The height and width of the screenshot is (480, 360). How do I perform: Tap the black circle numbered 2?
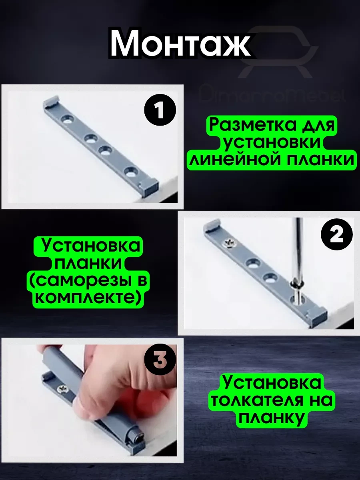pyautogui.click(x=336, y=235)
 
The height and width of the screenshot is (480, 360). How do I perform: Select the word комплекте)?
pyautogui.click(x=88, y=298)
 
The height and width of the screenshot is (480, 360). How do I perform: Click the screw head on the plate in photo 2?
pyautogui.click(x=231, y=243)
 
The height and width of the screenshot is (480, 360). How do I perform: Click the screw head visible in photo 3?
pyautogui.click(x=64, y=388)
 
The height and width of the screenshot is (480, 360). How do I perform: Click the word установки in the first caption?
pyautogui.click(x=272, y=143)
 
